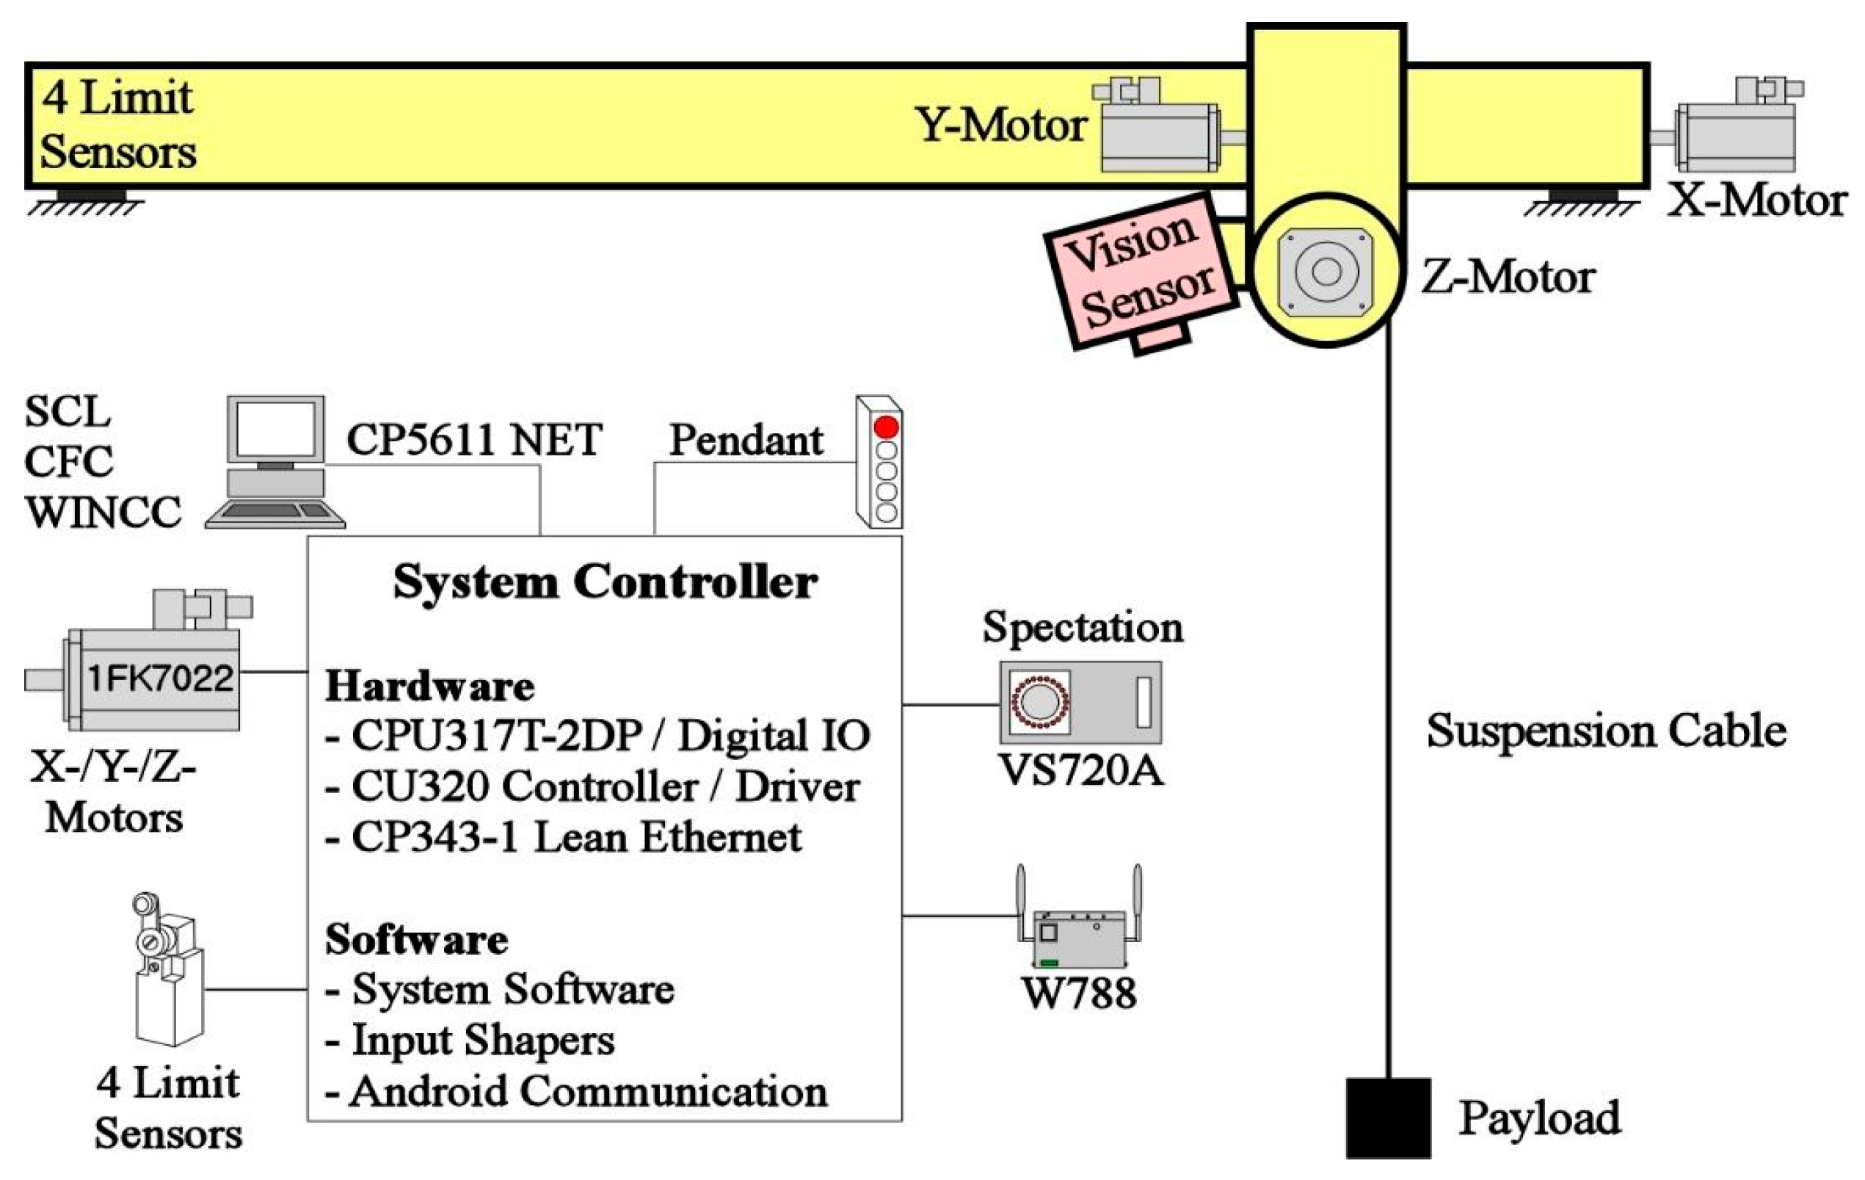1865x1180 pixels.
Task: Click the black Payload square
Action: tap(1388, 1118)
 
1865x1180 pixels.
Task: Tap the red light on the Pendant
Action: tap(886, 427)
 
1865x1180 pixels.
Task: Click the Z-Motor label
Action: tap(1507, 278)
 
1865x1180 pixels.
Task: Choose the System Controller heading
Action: tap(605, 582)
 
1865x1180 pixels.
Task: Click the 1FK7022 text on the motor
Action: tap(160, 679)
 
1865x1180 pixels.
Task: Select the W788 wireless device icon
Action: tap(1079, 933)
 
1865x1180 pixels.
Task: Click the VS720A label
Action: tap(1081, 771)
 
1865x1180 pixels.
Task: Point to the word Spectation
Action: tap(1082, 627)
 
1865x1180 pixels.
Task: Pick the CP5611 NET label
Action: tap(474, 440)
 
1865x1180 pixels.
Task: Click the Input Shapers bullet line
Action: tap(471, 1040)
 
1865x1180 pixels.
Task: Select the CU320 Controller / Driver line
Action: tap(593, 786)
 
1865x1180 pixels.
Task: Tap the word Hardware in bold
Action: tap(429, 687)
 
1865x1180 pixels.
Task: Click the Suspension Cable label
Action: tap(1607, 731)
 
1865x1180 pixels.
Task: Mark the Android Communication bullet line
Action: tap(577, 1092)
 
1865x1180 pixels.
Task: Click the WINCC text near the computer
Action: tap(103, 512)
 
